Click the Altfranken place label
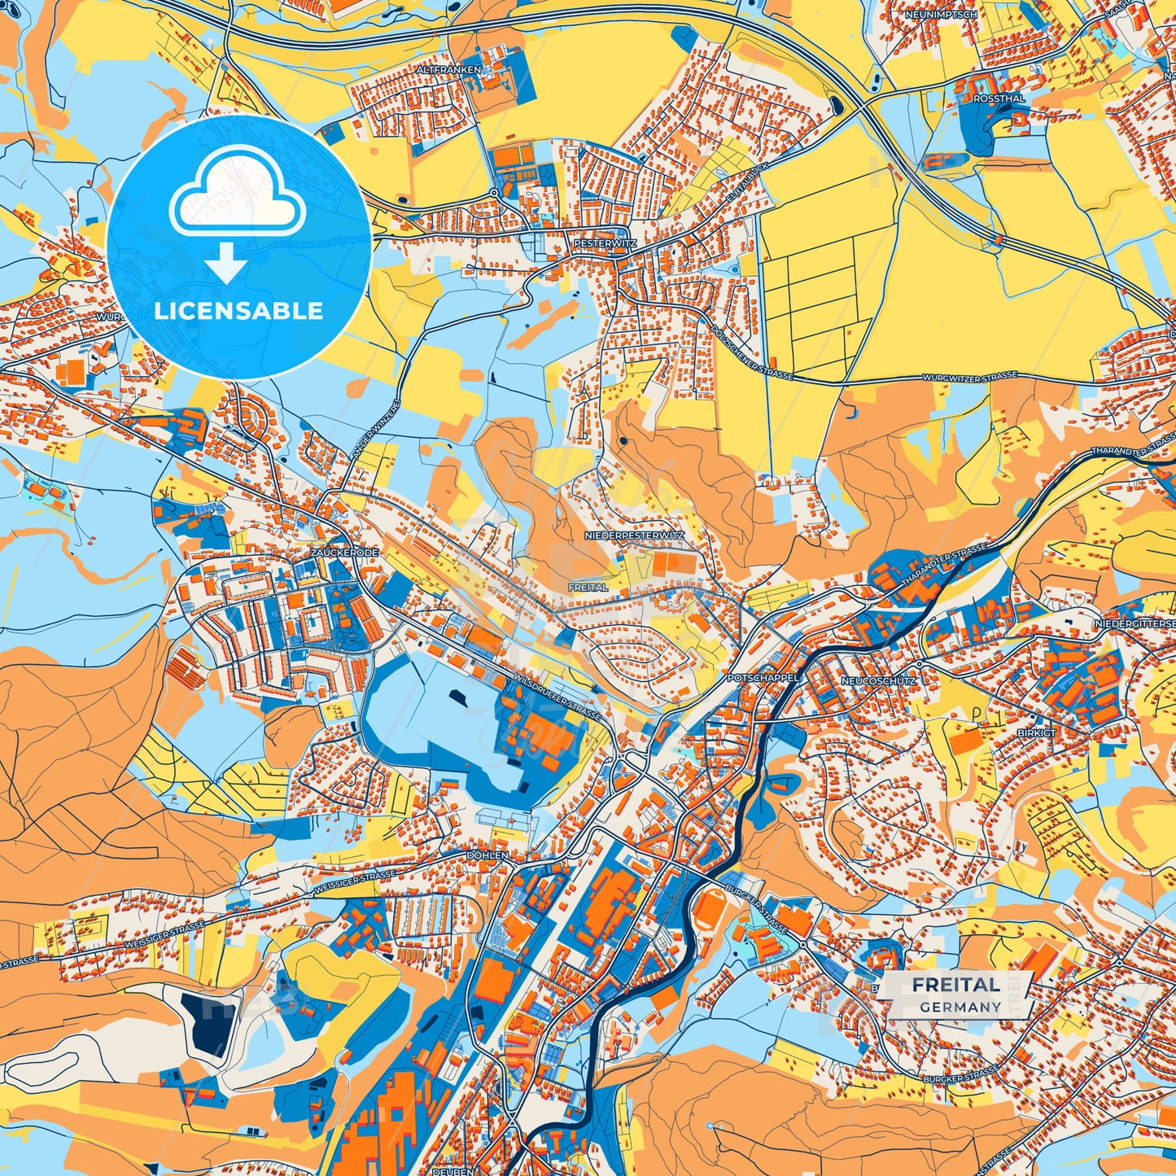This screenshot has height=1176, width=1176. coord(448,71)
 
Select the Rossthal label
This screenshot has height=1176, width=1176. coord(999,98)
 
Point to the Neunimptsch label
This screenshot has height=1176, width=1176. coord(941,15)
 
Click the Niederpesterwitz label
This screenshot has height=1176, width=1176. coord(635,536)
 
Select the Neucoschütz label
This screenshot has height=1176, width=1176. coord(878,680)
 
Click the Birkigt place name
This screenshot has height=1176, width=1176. coord(1036,732)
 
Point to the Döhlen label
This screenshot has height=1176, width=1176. coord(487,855)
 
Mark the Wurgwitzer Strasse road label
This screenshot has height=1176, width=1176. coord(969,378)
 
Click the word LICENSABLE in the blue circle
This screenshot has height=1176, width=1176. coord(238,311)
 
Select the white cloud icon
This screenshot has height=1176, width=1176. coord(237,199)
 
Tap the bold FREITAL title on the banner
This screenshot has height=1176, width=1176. coord(955,985)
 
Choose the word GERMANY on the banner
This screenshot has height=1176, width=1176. coord(960,1007)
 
